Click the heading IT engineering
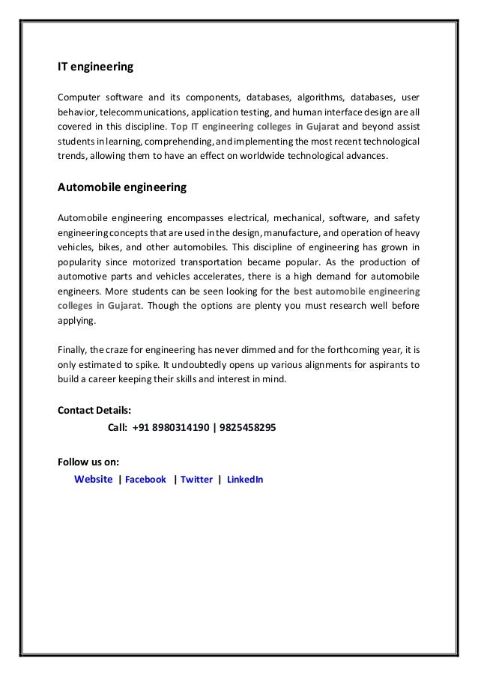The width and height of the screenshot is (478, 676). pos(96,67)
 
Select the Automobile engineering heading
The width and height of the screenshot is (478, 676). pos(122,187)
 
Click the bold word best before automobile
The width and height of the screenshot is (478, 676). pos(306,291)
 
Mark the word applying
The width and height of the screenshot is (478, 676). pos(77,320)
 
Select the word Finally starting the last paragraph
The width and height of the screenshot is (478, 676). pos(73,350)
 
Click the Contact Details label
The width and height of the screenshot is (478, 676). pos(94,411)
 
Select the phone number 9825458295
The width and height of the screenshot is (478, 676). pos(247,428)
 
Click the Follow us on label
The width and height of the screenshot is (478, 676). pos(88,461)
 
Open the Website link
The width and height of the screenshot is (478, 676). pos(94,479)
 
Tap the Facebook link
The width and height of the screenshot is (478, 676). pos(145,480)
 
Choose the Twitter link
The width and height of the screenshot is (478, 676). pos(196,480)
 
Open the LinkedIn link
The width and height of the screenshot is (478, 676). pos(245,480)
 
